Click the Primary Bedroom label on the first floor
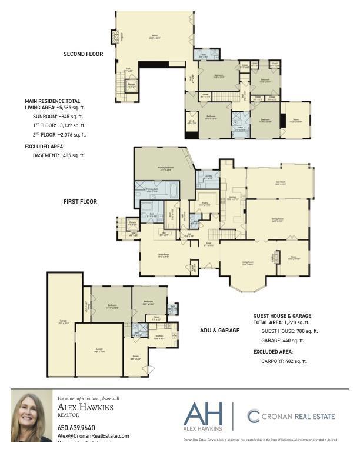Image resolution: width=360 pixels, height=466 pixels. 165,169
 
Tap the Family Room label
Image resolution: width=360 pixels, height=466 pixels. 163,255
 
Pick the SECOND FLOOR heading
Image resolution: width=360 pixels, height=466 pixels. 83,54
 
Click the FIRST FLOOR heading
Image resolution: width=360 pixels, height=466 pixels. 80,202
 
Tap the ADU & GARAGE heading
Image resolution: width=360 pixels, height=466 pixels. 219,331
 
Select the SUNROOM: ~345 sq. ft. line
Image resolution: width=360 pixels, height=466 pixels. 59,116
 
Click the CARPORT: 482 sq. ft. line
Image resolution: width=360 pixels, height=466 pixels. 284,361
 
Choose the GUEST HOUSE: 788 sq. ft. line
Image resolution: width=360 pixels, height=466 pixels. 289,331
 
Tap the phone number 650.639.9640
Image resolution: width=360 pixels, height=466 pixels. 76,427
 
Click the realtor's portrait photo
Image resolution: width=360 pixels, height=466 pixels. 31,417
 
